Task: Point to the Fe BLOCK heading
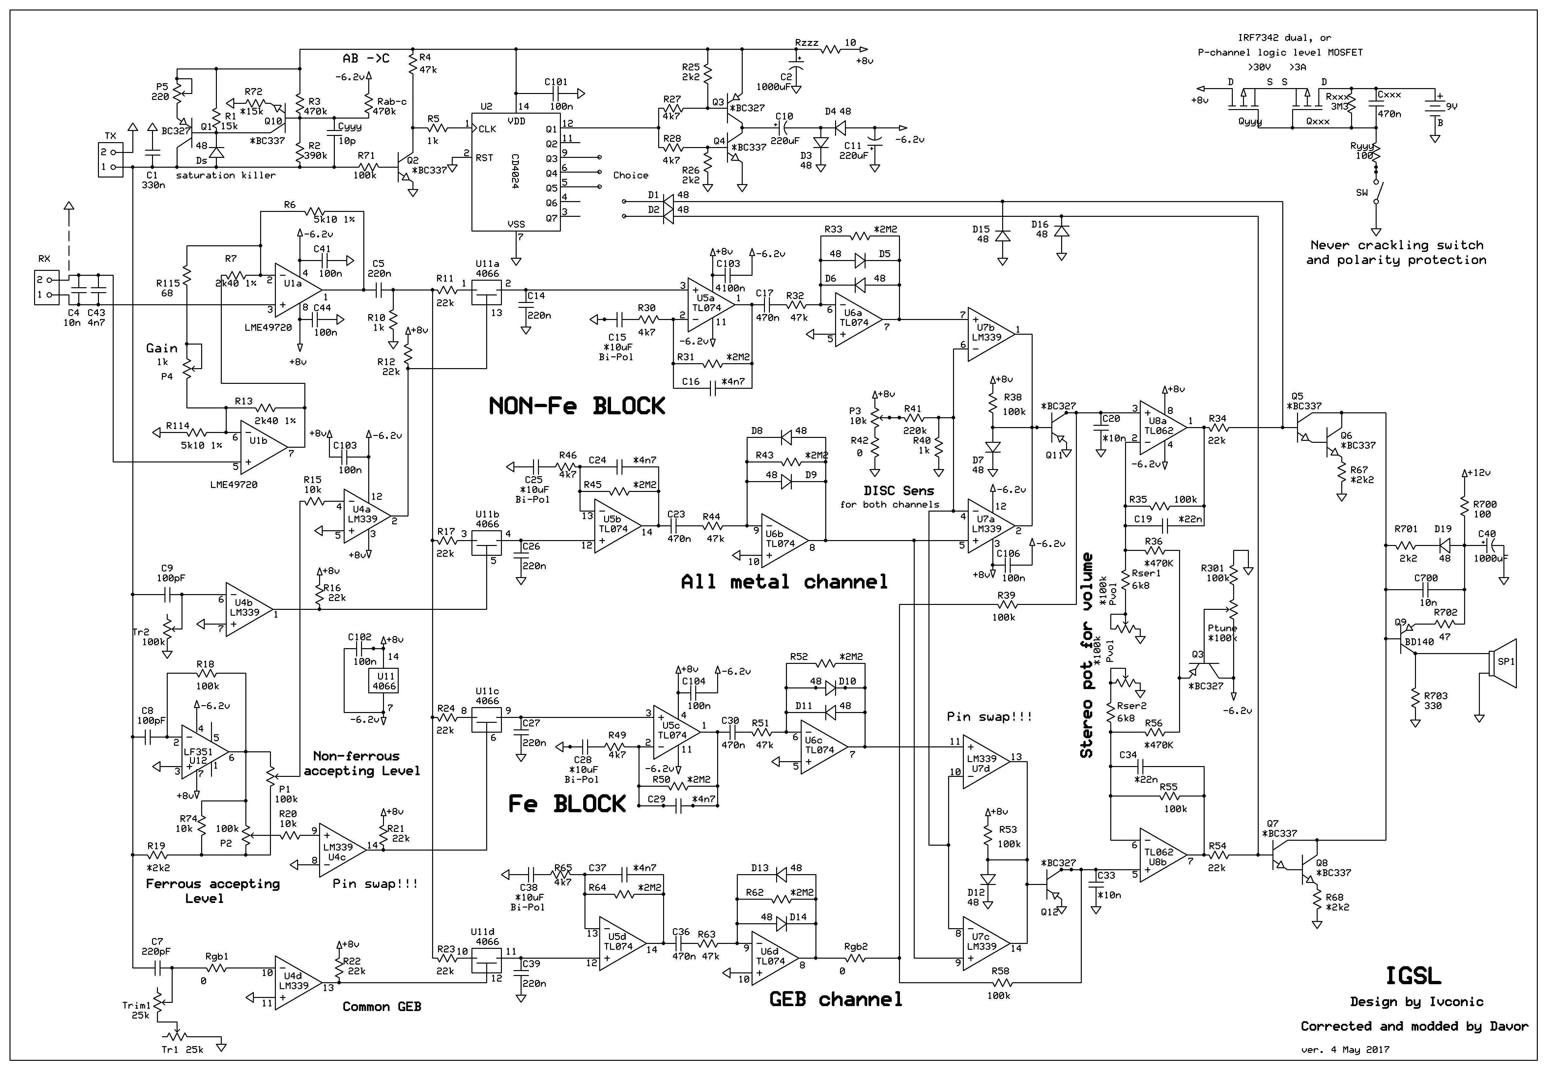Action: coord(567,804)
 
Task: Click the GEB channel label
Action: coord(835,1000)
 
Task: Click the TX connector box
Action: coord(111,160)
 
